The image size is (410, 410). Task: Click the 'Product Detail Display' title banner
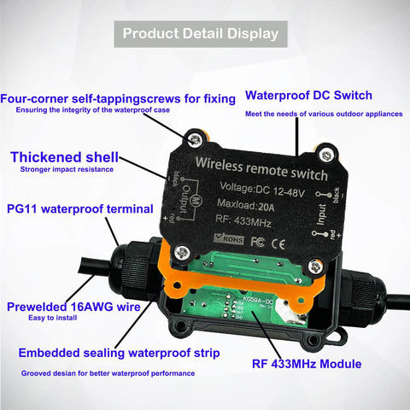[200, 34]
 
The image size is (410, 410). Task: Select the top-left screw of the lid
[197, 138]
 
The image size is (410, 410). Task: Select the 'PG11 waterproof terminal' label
[79, 208]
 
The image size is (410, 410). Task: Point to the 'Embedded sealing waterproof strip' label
[121, 351]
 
